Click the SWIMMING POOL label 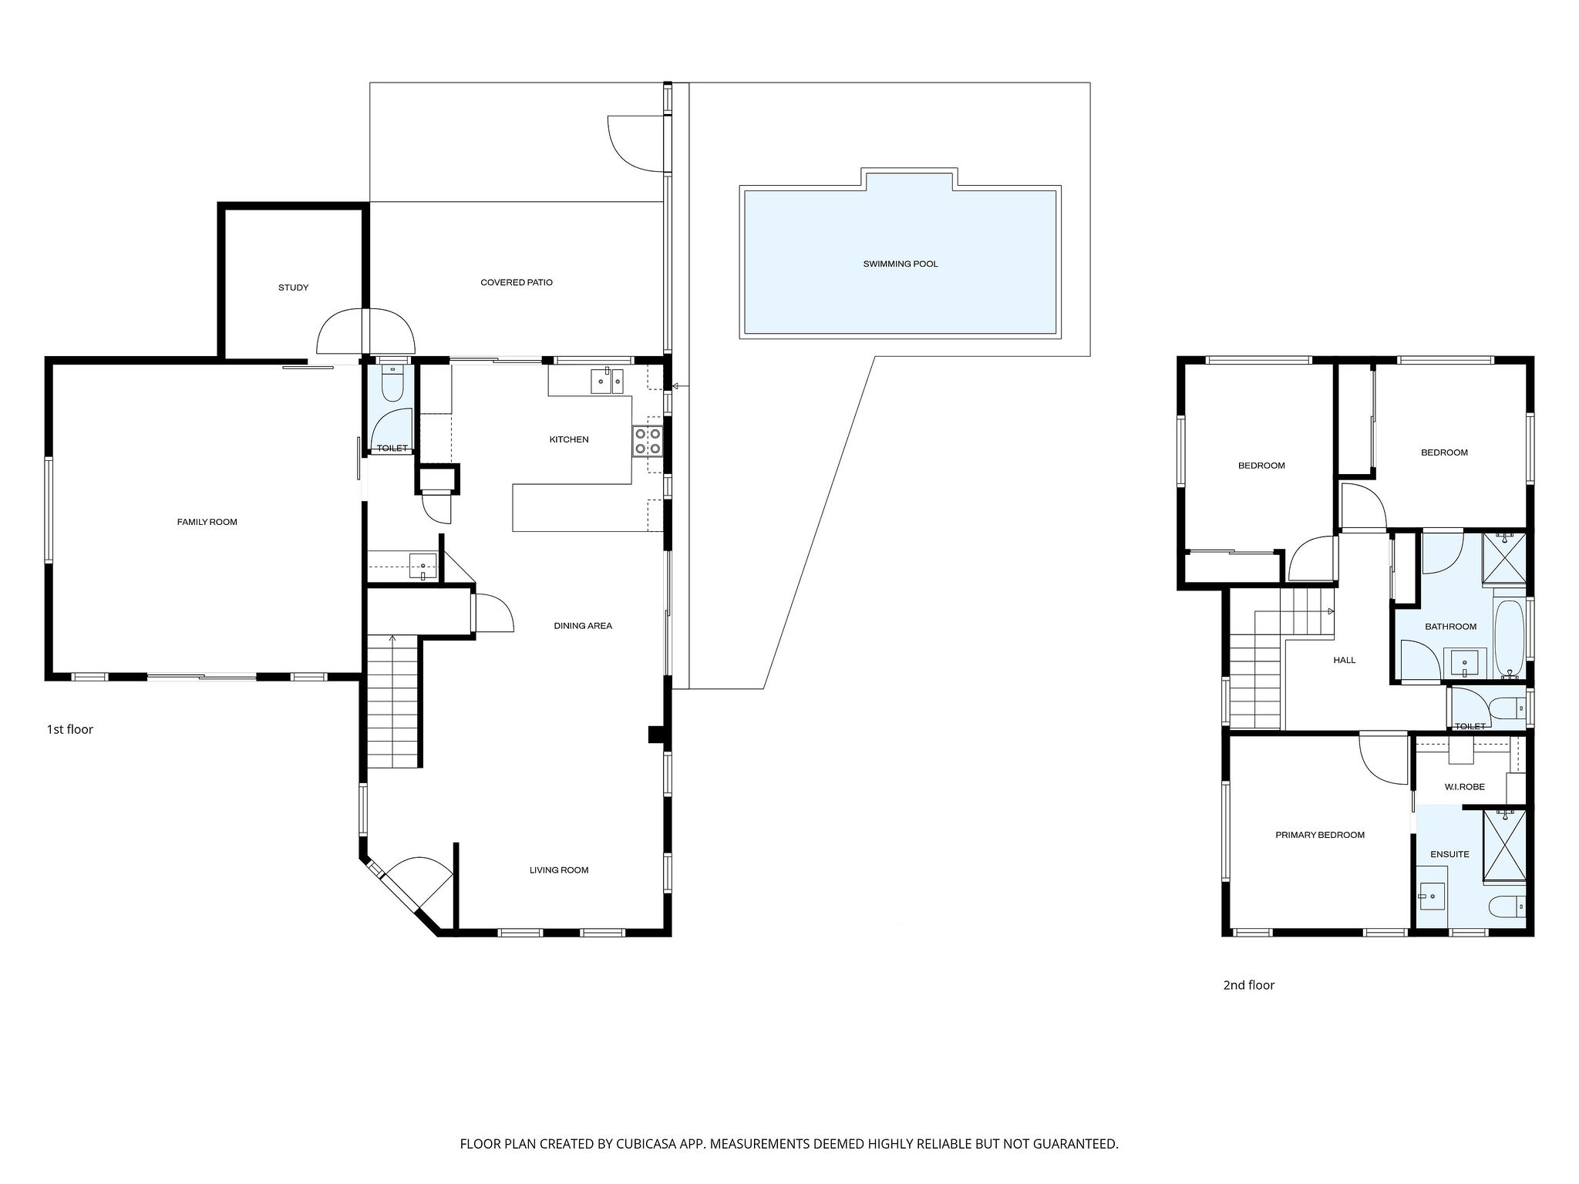pos(900,264)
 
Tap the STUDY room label pos(293,288)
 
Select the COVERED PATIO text pos(517,283)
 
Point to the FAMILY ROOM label pos(207,523)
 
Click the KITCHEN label pos(569,440)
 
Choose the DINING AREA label pos(583,626)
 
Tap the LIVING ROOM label pos(559,870)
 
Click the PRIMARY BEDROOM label pos(1320,835)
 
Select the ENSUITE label pos(1449,854)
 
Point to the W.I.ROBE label pos(1464,787)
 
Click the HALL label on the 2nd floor pos(1345,661)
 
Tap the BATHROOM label pos(1450,627)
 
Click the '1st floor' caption pos(70,729)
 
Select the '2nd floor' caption pos(1249,985)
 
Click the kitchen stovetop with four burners pos(648,441)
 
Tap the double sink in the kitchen pos(607,382)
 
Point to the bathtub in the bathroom pos(1509,639)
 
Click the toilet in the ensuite pos(1507,906)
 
